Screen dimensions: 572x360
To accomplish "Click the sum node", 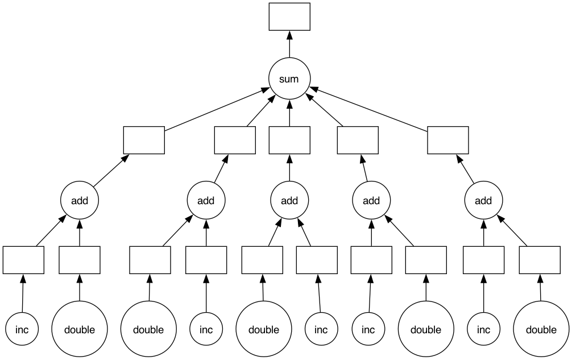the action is pyautogui.click(x=289, y=78).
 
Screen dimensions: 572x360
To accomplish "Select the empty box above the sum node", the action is pyautogui.click(x=289, y=17).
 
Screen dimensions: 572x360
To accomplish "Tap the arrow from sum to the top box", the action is pyautogui.click(x=289, y=44).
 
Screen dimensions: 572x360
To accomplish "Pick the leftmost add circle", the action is pyautogui.click(x=80, y=200).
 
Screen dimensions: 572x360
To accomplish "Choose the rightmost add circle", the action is pyautogui.click(x=483, y=200).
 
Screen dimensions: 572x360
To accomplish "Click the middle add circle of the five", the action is pyautogui.click(x=289, y=200).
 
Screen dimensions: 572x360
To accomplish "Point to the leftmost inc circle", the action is pyautogui.click(x=22, y=329).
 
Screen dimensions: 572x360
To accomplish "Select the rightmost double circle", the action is pyautogui.click(x=541, y=329).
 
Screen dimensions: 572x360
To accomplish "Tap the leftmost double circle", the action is pyautogui.click(x=80, y=329).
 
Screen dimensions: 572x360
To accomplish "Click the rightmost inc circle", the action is pyautogui.click(x=484, y=329).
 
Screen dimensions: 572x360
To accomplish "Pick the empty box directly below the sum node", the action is pyautogui.click(x=289, y=140).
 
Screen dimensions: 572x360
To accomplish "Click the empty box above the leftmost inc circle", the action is pyautogui.click(x=23, y=260).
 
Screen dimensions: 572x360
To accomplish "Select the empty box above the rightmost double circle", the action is pyautogui.click(x=540, y=260).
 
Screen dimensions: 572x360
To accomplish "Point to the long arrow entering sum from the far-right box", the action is pyautogui.click(x=368, y=109).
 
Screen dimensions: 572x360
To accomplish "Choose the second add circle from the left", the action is pyautogui.click(x=206, y=200).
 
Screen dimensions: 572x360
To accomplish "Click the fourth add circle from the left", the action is pyautogui.click(x=371, y=200).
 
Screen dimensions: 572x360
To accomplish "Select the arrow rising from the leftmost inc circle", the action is pyautogui.click(x=23, y=293).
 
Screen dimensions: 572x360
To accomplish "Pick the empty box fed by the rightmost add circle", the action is pyautogui.click(x=448, y=140).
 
